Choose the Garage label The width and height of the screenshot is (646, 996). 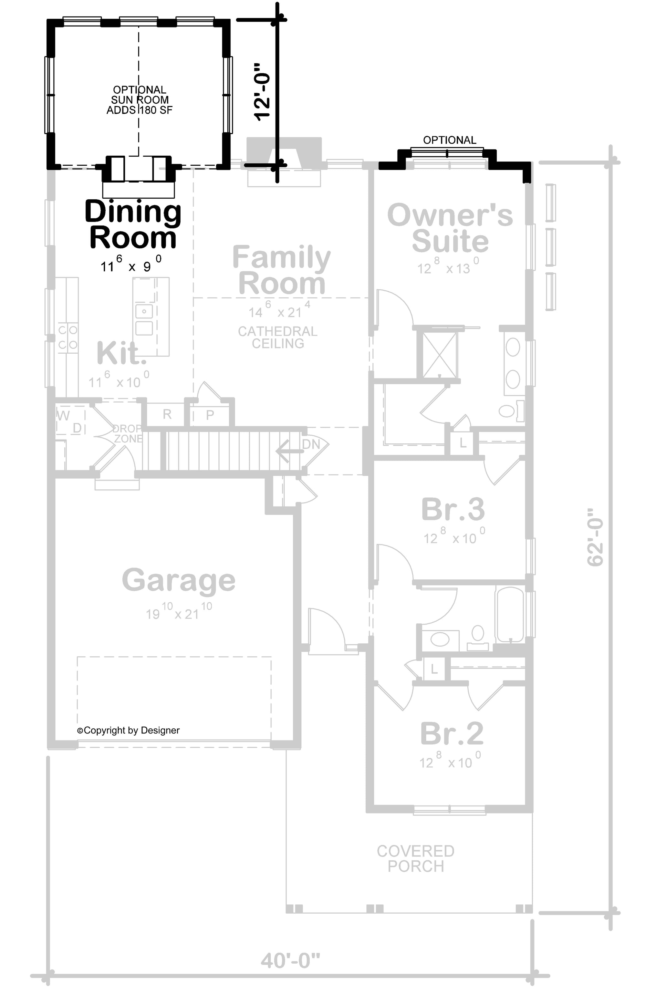[178, 580]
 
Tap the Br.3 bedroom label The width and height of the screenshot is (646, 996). [453, 509]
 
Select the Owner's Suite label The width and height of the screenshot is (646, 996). [450, 228]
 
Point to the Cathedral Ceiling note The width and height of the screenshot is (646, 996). [277, 337]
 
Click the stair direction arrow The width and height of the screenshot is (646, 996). [288, 451]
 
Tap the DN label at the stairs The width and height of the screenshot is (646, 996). [311, 444]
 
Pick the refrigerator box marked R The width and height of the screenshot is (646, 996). [167, 414]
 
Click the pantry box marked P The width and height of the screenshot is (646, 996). [210, 415]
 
